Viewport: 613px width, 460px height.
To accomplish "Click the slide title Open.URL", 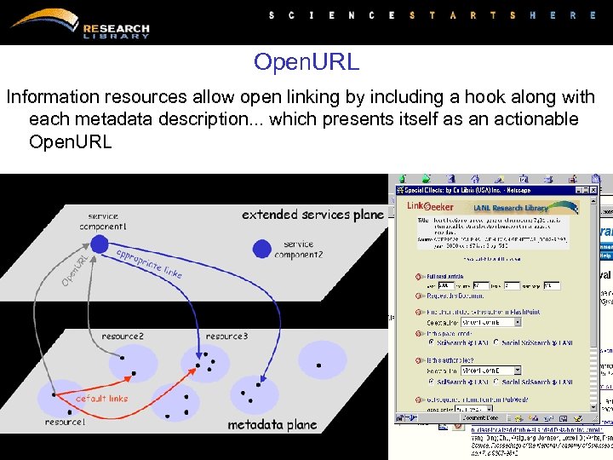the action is [x=306, y=62].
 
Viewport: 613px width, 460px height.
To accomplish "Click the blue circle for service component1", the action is [x=100, y=244].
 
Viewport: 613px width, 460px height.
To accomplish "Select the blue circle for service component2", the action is [x=262, y=250].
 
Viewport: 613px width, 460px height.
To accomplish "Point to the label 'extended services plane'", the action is [x=312, y=215].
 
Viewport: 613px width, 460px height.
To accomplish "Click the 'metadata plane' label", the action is [x=272, y=424].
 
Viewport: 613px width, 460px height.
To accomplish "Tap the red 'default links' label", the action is [x=101, y=399].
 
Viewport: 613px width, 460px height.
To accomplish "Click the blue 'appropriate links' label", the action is [x=149, y=263].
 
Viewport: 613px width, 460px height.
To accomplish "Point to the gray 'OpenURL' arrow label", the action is [x=75, y=269].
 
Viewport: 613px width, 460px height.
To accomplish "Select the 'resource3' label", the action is [x=226, y=336].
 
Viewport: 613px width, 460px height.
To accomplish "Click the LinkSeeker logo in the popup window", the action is [x=429, y=206].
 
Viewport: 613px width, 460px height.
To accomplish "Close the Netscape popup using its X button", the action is [x=593, y=190].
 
